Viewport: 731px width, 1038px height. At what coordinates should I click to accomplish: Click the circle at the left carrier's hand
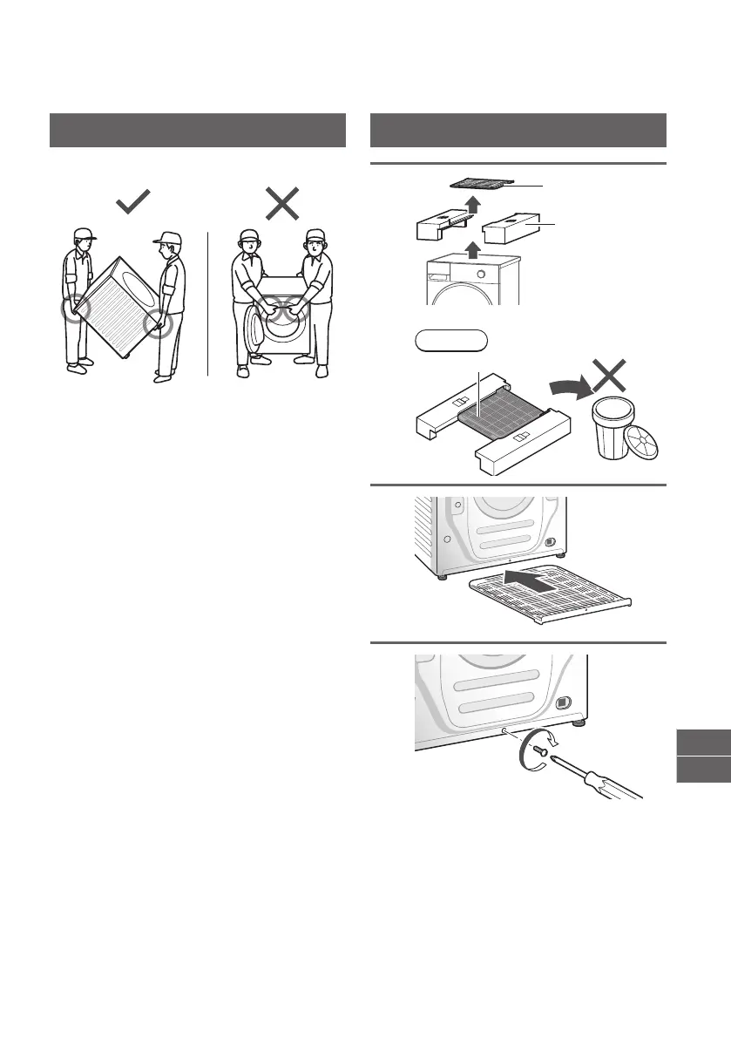[x=77, y=309]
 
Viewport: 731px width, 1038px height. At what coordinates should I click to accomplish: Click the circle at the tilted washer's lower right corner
[x=158, y=325]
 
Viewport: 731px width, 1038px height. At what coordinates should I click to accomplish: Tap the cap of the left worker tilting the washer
[x=85, y=234]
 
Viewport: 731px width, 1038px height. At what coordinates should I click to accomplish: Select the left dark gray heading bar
[x=198, y=131]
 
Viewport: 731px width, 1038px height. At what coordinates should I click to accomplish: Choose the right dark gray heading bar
[x=518, y=131]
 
